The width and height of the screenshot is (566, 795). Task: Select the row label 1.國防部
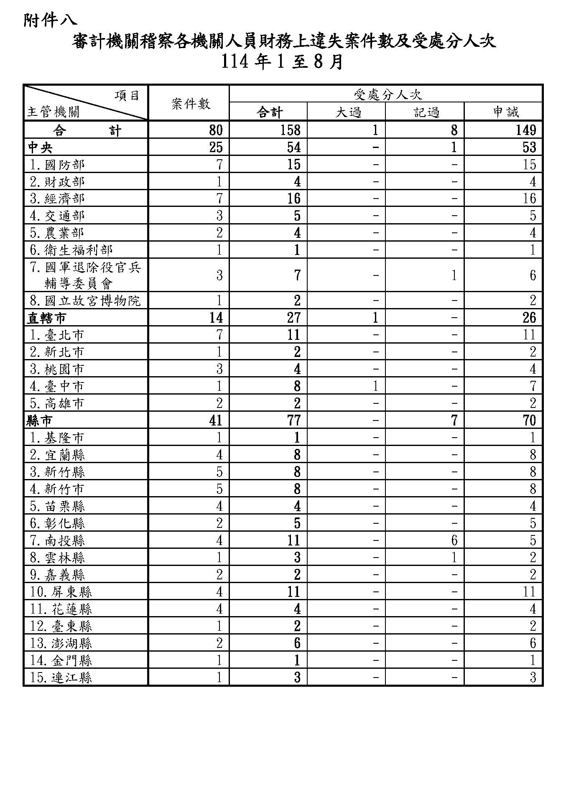tap(58, 164)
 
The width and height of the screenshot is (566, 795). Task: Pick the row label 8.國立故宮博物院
tap(85, 301)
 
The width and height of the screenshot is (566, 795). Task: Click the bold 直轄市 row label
tap(46, 318)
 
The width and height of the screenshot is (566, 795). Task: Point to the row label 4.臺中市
tap(57, 386)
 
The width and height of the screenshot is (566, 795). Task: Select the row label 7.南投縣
tap(58, 540)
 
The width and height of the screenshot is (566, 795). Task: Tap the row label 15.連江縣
tap(61, 677)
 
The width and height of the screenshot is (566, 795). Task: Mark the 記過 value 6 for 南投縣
tap(454, 540)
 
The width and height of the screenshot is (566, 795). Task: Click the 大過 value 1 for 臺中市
tap(375, 386)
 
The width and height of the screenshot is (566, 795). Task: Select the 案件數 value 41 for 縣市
tap(216, 420)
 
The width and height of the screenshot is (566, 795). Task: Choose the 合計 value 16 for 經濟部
tap(293, 199)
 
